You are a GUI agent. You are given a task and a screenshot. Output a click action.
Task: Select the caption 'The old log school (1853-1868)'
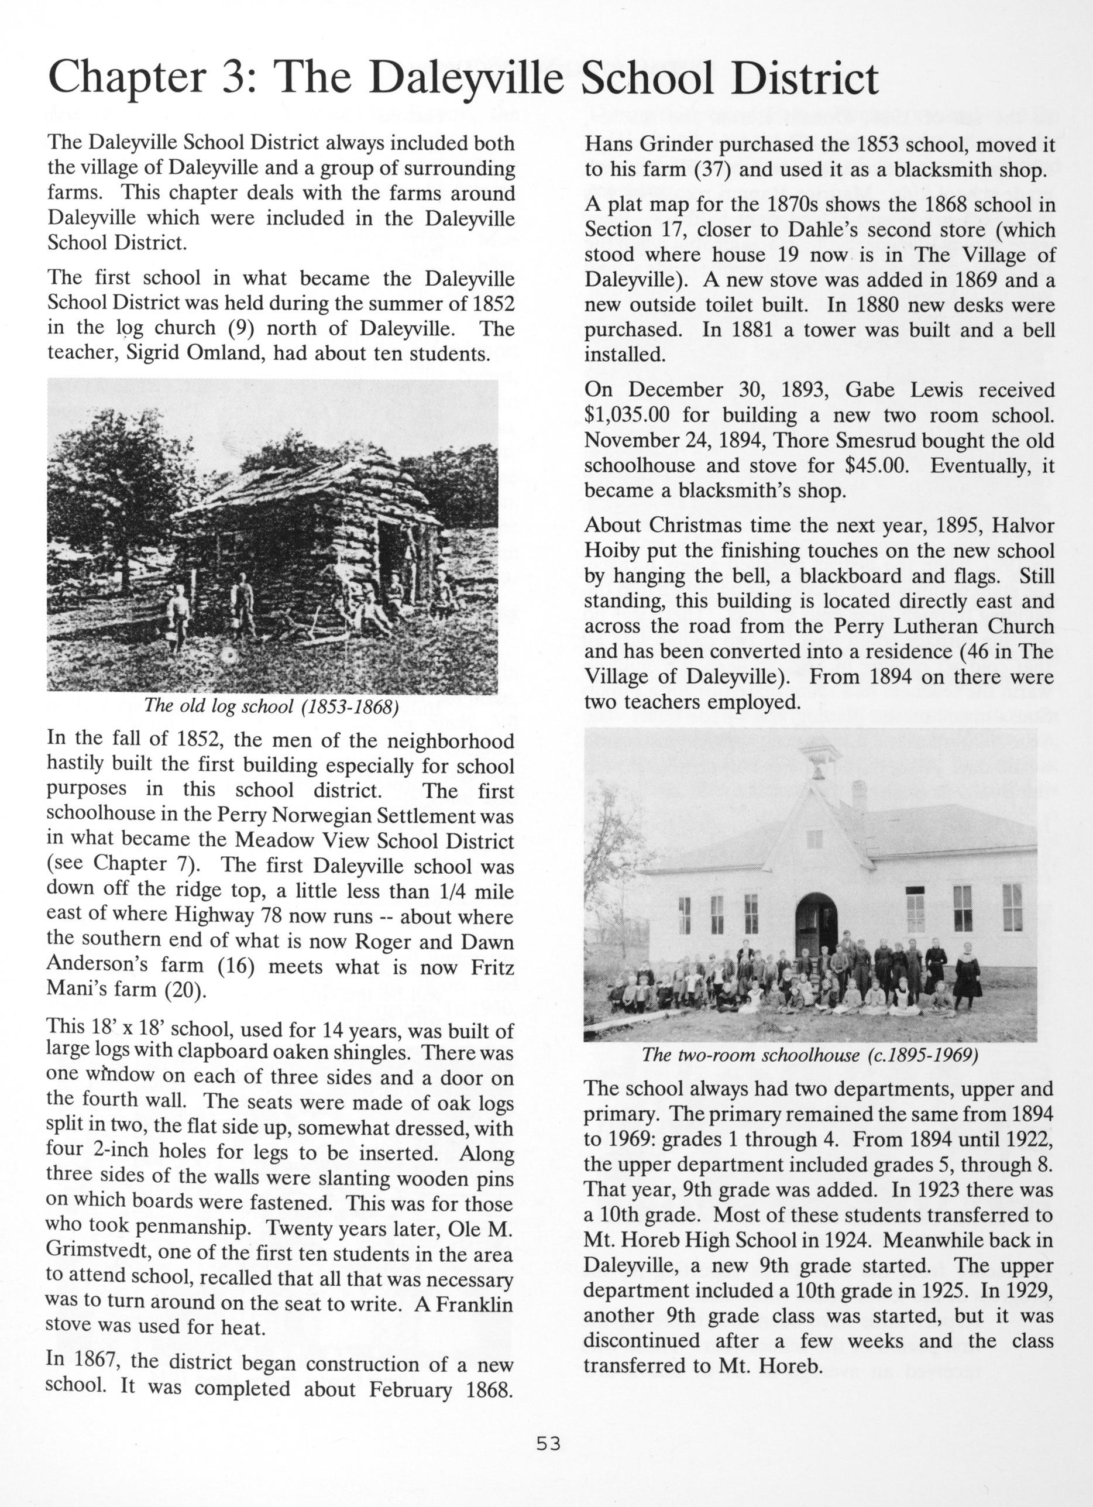pyautogui.click(x=271, y=706)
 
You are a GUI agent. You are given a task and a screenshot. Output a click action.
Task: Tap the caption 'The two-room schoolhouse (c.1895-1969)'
pyautogui.click(x=809, y=1055)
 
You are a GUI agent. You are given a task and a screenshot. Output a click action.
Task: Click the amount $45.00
pyautogui.click(x=877, y=465)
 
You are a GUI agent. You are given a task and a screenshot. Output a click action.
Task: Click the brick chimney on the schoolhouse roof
pyautogui.click(x=859, y=795)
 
